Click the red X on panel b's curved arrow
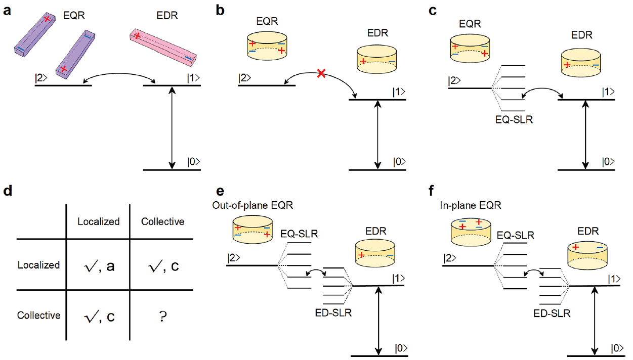[x=320, y=74]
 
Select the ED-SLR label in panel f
[x=553, y=313]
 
